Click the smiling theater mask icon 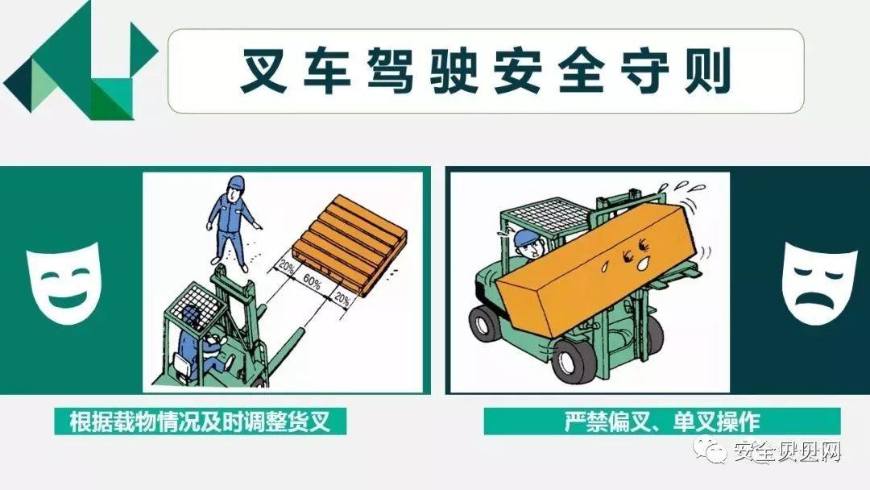62,282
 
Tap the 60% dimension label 312,282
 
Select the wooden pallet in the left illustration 350,244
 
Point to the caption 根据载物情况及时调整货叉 201,421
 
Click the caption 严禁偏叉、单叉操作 662,421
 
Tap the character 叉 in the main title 264,70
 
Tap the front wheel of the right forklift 574,359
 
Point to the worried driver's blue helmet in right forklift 525,237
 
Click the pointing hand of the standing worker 258,226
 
